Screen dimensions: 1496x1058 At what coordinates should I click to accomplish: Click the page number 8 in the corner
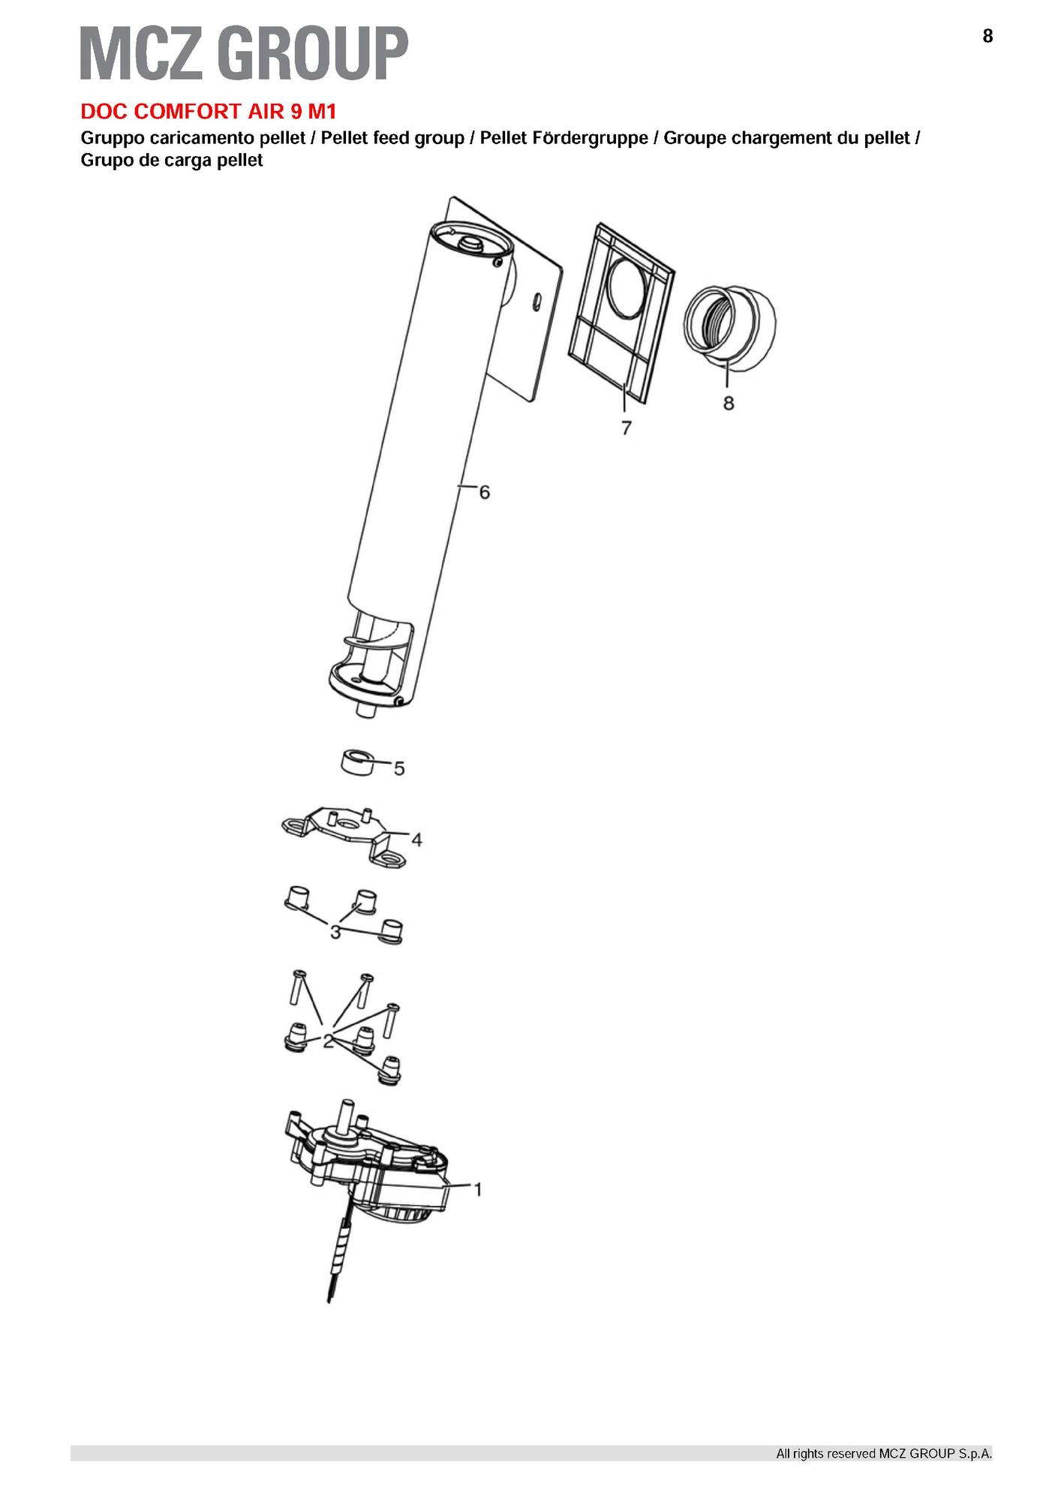click(987, 36)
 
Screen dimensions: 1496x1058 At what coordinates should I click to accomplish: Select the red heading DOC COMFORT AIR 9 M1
click(209, 112)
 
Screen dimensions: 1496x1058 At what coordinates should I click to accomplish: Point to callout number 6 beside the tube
click(485, 492)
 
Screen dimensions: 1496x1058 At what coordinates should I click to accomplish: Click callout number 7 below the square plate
click(626, 428)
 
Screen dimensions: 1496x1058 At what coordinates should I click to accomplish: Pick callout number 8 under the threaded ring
click(729, 403)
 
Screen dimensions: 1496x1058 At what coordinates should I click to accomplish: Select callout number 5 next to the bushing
click(399, 768)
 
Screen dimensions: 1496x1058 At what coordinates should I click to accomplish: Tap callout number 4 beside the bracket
click(416, 839)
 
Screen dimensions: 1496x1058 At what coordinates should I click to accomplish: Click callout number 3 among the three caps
click(335, 932)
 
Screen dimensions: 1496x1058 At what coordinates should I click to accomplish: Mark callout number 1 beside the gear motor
click(477, 1189)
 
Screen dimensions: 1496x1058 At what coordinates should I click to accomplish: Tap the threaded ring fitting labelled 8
click(729, 327)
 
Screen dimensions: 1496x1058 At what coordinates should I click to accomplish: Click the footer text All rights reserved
click(883, 1453)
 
